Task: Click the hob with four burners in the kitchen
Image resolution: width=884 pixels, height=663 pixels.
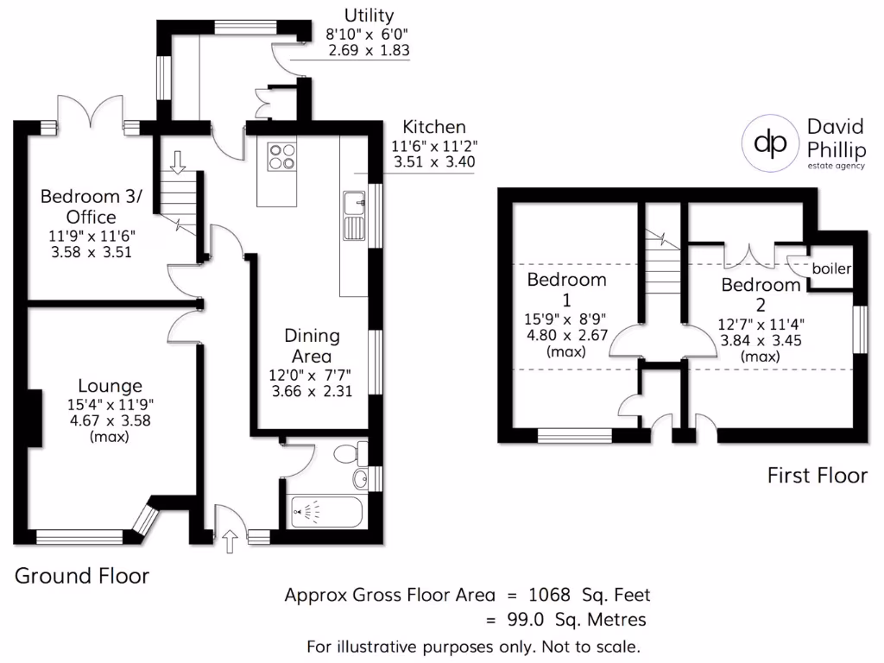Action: point(281,155)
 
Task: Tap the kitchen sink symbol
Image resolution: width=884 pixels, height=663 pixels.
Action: point(354,216)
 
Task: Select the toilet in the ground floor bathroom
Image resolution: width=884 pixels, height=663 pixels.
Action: point(350,452)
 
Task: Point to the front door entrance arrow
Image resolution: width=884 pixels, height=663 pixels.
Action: point(230,542)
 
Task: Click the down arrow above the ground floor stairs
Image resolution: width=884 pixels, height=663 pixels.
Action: point(178,161)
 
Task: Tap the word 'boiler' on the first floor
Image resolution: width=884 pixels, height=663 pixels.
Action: point(831,269)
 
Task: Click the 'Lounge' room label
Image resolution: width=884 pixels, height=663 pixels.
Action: point(110,386)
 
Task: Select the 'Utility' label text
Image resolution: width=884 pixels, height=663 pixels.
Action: point(369,16)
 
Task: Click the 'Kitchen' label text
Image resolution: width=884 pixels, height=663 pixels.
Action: point(434,127)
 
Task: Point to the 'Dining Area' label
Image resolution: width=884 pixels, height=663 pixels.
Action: point(313,345)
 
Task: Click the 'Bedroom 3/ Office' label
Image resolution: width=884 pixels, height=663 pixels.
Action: point(91,205)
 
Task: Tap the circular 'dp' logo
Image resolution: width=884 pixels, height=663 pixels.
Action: point(770,142)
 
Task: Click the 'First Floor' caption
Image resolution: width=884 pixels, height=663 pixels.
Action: point(817,475)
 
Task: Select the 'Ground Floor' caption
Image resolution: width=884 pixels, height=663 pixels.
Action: point(82,576)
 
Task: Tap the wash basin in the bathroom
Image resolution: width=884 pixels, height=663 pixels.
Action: point(361,480)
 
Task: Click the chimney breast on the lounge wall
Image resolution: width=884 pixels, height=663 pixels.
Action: point(34,419)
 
